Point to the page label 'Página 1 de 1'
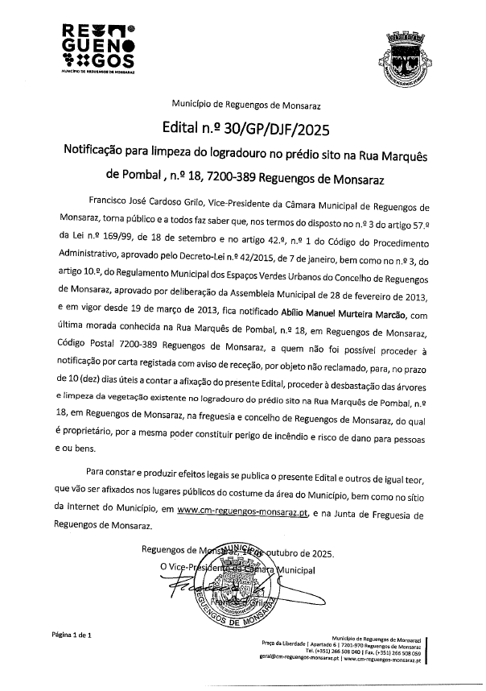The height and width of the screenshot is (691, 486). point(73,635)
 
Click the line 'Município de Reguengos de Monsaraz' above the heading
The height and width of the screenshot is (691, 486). point(241,105)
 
